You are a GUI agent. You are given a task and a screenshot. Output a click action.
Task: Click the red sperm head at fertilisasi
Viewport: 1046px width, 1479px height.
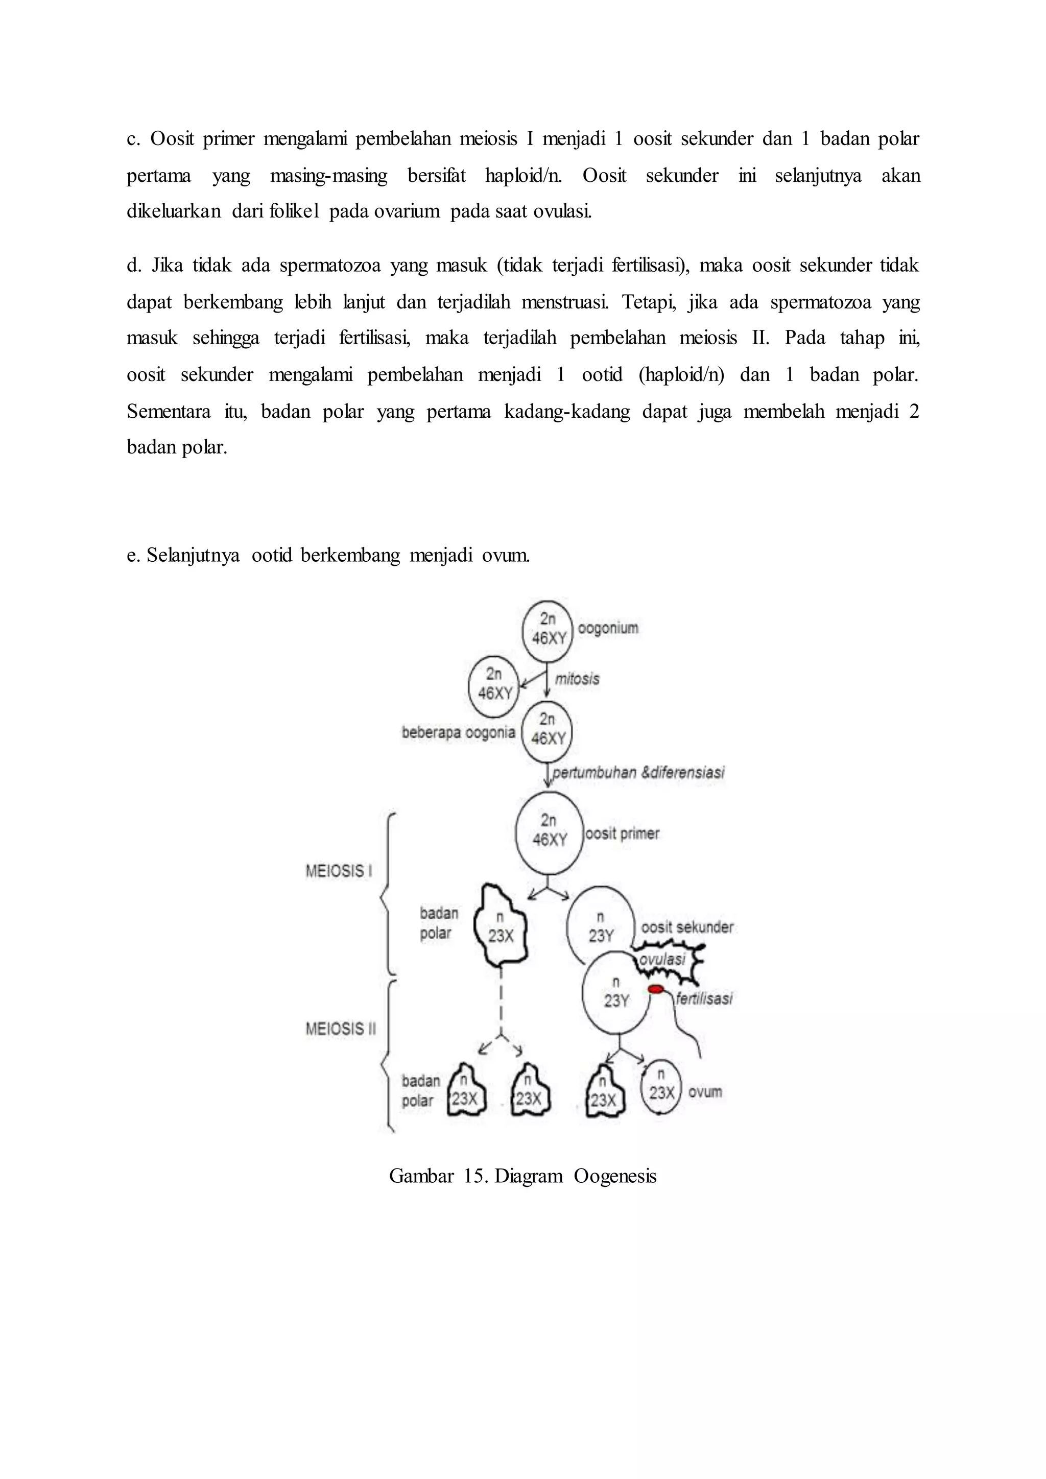(x=656, y=989)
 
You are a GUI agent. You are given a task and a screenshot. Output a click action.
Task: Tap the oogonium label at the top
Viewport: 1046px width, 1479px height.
(x=608, y=628)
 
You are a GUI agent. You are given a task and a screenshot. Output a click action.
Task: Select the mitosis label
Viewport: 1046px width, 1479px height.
(x=577, y=679)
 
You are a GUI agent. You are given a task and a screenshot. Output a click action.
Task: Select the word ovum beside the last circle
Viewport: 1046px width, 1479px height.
(x=705, y=1092)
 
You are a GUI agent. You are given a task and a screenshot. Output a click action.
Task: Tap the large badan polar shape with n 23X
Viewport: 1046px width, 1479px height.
(x=501, y=926)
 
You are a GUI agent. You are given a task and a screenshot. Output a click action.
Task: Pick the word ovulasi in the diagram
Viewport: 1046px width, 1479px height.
(x=662, y=959)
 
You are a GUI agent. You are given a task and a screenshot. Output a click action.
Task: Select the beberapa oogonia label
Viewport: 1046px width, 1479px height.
(x=458, y=732)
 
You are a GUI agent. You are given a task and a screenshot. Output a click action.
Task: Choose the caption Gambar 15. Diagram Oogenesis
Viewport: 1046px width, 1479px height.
(x=522, y=1176)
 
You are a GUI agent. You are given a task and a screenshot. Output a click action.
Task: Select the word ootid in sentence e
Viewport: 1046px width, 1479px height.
(x=272, y=555)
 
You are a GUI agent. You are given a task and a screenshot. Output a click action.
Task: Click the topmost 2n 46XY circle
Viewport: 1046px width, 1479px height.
(x=548, y=629)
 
